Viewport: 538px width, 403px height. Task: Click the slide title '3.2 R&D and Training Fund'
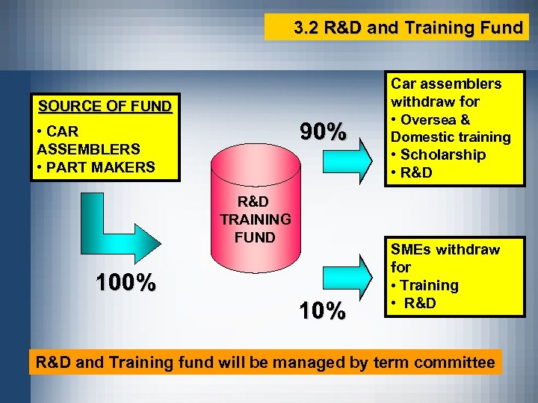(x=407, y=28)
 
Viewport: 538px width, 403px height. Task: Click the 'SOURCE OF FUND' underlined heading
(x=105, y=106)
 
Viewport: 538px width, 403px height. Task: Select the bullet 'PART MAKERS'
(x=100, y=166)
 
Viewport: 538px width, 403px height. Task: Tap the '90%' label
(x=323, y=132)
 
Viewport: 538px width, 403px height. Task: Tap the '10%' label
(x=323, y=310)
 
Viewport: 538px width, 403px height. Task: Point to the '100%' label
(x=126, y=282)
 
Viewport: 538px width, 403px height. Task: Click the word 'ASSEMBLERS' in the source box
(x=88, y=149)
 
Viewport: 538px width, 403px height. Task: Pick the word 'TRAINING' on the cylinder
(x=256, y=219)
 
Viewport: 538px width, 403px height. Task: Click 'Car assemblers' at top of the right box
(x=447, y=84)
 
